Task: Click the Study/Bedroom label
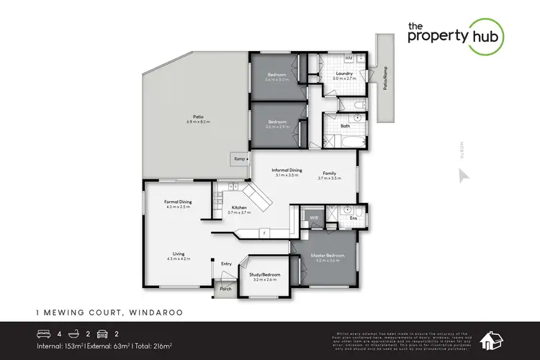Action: [x=264, y=274]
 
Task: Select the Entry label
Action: [x=227, y=264]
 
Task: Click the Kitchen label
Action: [x=238, y=207]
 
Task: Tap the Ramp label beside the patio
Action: [x=237, y=158]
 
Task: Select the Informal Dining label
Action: [x=286, y=170]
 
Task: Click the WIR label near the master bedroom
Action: [x=314, y=216]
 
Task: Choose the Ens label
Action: [x=354, y=217]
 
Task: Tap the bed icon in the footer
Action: [x=44, y=333]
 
